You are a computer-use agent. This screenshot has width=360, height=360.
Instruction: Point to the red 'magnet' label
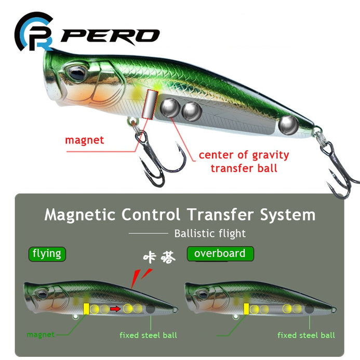84,140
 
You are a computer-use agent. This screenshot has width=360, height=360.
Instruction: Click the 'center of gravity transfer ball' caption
244,161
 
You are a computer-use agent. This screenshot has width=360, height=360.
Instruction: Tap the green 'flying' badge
46,254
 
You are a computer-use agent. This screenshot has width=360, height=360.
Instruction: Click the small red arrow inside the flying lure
113,309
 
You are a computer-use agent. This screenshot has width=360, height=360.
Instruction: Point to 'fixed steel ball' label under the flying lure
148,336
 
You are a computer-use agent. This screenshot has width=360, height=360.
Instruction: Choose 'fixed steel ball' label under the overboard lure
306,336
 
